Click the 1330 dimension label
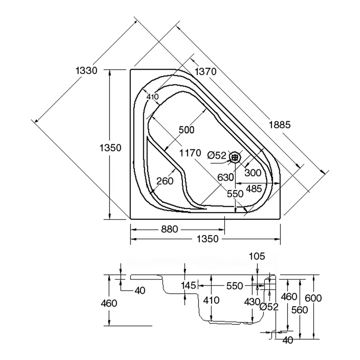click(x=86, y=71)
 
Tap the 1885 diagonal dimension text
click(x=279, y=125)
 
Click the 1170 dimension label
click(x=190, y=153)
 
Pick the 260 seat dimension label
click(x=165, y=181)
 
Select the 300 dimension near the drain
click(x=253, y=173)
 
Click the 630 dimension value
click(x=226, y=177)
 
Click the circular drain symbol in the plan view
click(x=235, y=157)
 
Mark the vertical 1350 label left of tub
click(x=111, y=148)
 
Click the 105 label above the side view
click(x=257, y=256)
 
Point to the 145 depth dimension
click(x=189, y=285)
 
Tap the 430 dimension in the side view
click(x=252, y=301)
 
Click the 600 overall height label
click(x=313, y=298)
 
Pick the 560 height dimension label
click(x=300, y=310)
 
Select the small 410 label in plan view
click(x=152, y=96)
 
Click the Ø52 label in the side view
click(x=269, y=307)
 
